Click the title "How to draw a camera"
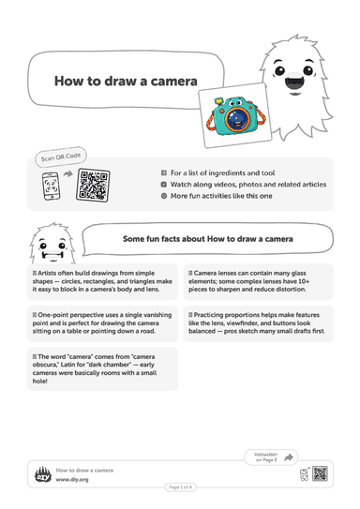126,82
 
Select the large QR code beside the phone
93,185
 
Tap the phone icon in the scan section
51,186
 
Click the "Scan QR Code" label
61,157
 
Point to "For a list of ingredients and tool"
223,173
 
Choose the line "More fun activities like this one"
221,196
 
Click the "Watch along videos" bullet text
248,185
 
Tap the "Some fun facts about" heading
208,239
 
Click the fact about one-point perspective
102,323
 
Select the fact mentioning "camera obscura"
95,368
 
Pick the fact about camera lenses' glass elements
249,281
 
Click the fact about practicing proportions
257,323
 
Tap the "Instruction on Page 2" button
271,457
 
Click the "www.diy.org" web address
72,479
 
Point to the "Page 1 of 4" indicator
181,487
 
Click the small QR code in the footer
320,473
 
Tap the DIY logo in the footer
43,475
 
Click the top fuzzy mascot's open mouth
293,82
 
